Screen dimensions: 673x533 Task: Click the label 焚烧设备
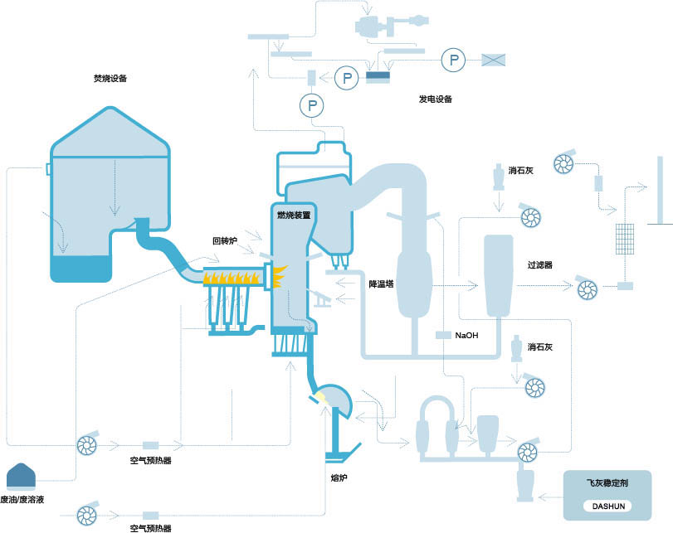[x=110, y=79]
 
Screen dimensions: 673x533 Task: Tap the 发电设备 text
[x=436, y=99]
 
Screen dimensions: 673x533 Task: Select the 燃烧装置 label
[x=294, y=215]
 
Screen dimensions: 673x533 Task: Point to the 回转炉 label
[x=225, y=241]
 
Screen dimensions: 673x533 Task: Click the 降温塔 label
[x=381, y=283]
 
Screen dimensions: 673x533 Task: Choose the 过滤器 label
[x=540, y=265]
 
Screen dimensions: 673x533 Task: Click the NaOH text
[x=466, y=336]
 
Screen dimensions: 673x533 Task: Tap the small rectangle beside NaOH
[x=443, y=335]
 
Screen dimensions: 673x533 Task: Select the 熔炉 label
[x=339, y=477]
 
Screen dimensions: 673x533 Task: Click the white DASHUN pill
[x=608, y=506]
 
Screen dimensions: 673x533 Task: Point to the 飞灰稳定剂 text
[x=607, y=482]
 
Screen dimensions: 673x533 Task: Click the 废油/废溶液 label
[x=22, y=500]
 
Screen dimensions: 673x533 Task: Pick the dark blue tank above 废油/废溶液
[x=21, y=476]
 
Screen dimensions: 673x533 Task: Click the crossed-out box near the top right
[x=493, y=60]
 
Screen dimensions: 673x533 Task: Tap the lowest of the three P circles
[x=312, y=105]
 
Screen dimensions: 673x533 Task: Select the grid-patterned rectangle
[x=625, y=239]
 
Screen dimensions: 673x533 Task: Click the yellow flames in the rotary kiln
[x=232, y=279]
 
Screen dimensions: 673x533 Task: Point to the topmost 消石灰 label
[x=521, y=170]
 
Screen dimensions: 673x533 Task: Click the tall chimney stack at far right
[x=660, y=191]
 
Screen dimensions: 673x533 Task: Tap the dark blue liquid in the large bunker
[x=80, y=269]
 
